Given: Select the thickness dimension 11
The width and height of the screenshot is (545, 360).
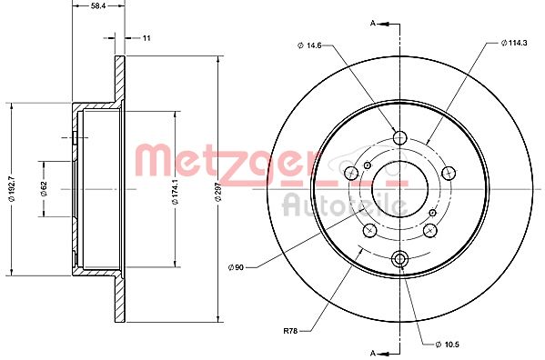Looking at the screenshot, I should (x=146, y=38).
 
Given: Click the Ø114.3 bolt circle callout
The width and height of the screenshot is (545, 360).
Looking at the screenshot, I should (x=515, y=44).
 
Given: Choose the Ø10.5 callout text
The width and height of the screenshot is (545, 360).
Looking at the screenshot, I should (x=449, y=343).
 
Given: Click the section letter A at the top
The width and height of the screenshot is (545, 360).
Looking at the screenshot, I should (x=373, y=21).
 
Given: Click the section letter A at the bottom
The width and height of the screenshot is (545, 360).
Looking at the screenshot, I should (x=373, y=350).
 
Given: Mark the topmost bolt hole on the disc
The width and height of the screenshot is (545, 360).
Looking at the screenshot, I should (x=399, y=137).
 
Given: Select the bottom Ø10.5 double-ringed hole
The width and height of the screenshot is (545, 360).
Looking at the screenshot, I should (x=399, y=260).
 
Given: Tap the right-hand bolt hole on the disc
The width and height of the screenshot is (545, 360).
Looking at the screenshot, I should (x=447, y=173).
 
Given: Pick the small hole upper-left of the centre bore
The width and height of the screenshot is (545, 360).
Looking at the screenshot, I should (x=368, y=165).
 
